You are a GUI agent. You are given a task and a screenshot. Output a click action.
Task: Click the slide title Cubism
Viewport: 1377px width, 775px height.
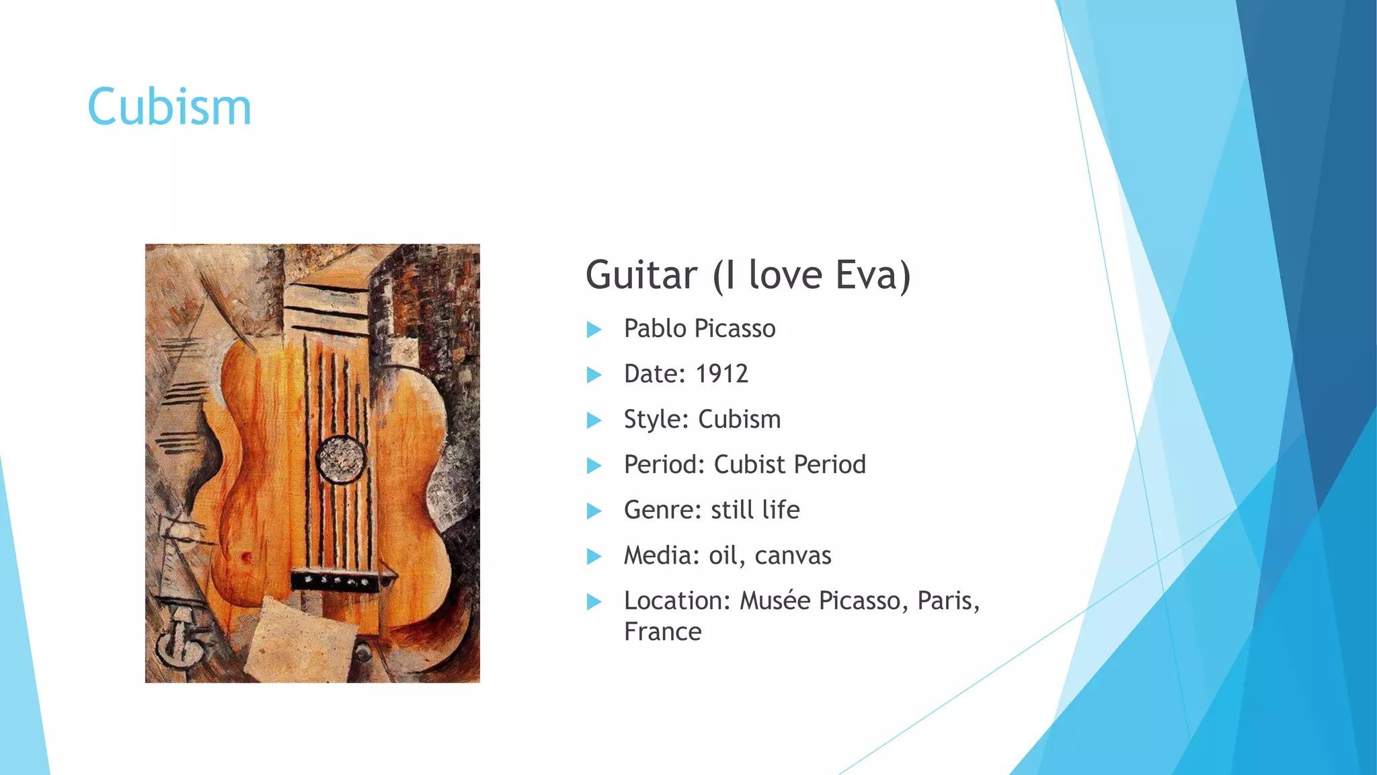coord(169,107)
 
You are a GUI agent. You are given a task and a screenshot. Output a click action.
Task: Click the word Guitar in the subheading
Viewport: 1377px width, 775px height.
coord(642,275)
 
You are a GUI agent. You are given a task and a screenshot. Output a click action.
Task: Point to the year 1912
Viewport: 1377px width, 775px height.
coord(721,374)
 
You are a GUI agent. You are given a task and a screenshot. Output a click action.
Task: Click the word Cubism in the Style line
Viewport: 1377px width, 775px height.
coord(740,419)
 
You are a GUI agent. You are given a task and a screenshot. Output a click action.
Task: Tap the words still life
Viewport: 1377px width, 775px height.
coord(755,510)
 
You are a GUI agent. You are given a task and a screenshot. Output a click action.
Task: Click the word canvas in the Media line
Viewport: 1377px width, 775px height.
coord(793,556)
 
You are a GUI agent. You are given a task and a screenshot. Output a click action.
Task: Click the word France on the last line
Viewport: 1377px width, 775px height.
coord(662,632)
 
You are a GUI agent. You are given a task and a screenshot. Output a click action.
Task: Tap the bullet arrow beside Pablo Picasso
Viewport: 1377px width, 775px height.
coord(594,330)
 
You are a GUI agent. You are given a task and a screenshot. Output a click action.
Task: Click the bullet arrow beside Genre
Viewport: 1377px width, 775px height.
coord(594,511)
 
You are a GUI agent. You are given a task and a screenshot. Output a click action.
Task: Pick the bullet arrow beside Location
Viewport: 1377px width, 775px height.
coord(594,601)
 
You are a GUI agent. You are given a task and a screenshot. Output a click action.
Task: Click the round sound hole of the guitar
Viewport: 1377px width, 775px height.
coord(341,459)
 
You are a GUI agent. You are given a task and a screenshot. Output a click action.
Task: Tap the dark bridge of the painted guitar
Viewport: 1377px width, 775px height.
coord(336,579)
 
